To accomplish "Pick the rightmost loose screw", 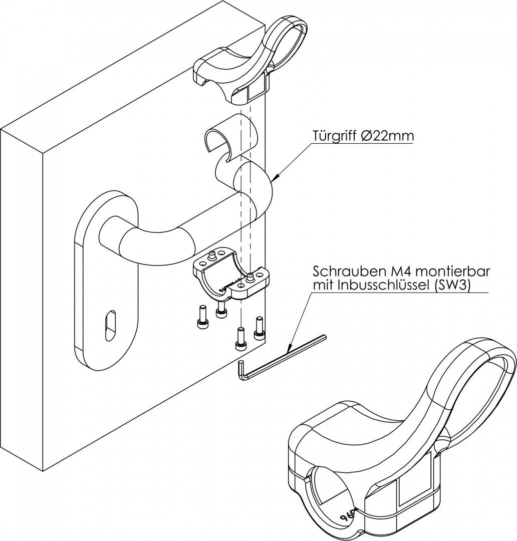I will [x=259, y=326].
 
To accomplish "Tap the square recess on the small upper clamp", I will [x=256, y=92].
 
